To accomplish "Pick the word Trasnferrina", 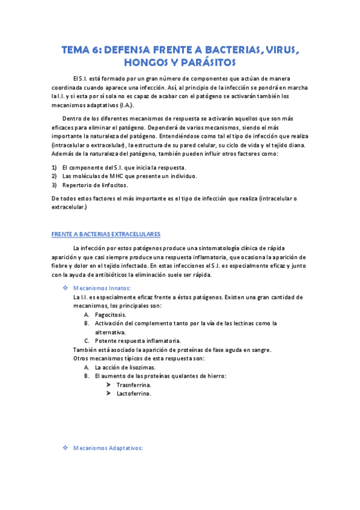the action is click(134, 385).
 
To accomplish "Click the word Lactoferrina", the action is click(134, 394).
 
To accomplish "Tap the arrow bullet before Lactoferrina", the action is click(108, 394).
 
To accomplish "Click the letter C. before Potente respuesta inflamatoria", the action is click(87, 341).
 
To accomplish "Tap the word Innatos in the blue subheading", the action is click(117, 288).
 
